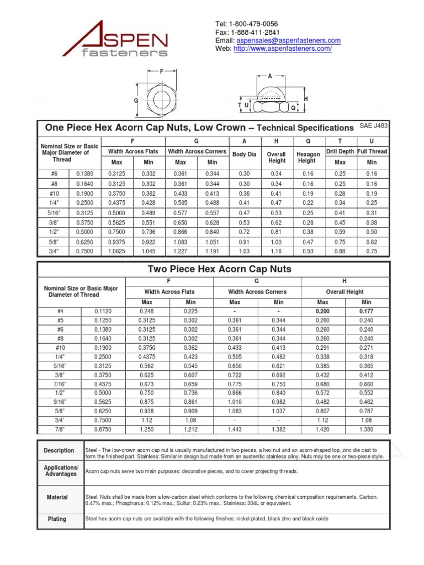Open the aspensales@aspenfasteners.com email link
coord(289,40)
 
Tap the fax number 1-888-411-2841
coord(256,32)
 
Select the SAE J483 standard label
coord(374,126)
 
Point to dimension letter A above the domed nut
coord(270,77)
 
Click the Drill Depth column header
coord(340,151)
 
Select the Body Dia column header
coord(244,155)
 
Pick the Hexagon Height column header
coord(308,157)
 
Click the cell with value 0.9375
coord(116,241)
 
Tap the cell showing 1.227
coord(181,251)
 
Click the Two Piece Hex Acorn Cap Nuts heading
coord(219,269)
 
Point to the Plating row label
coord(57,519)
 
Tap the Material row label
coord(57,497)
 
